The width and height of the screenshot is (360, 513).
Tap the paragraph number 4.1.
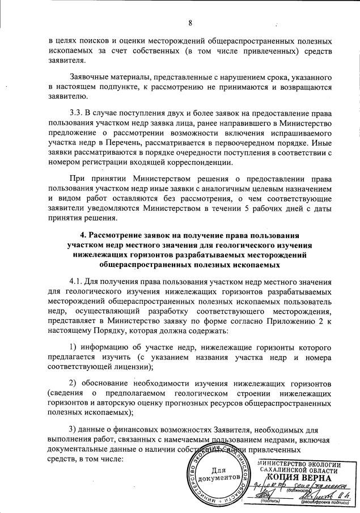(78, 281)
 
